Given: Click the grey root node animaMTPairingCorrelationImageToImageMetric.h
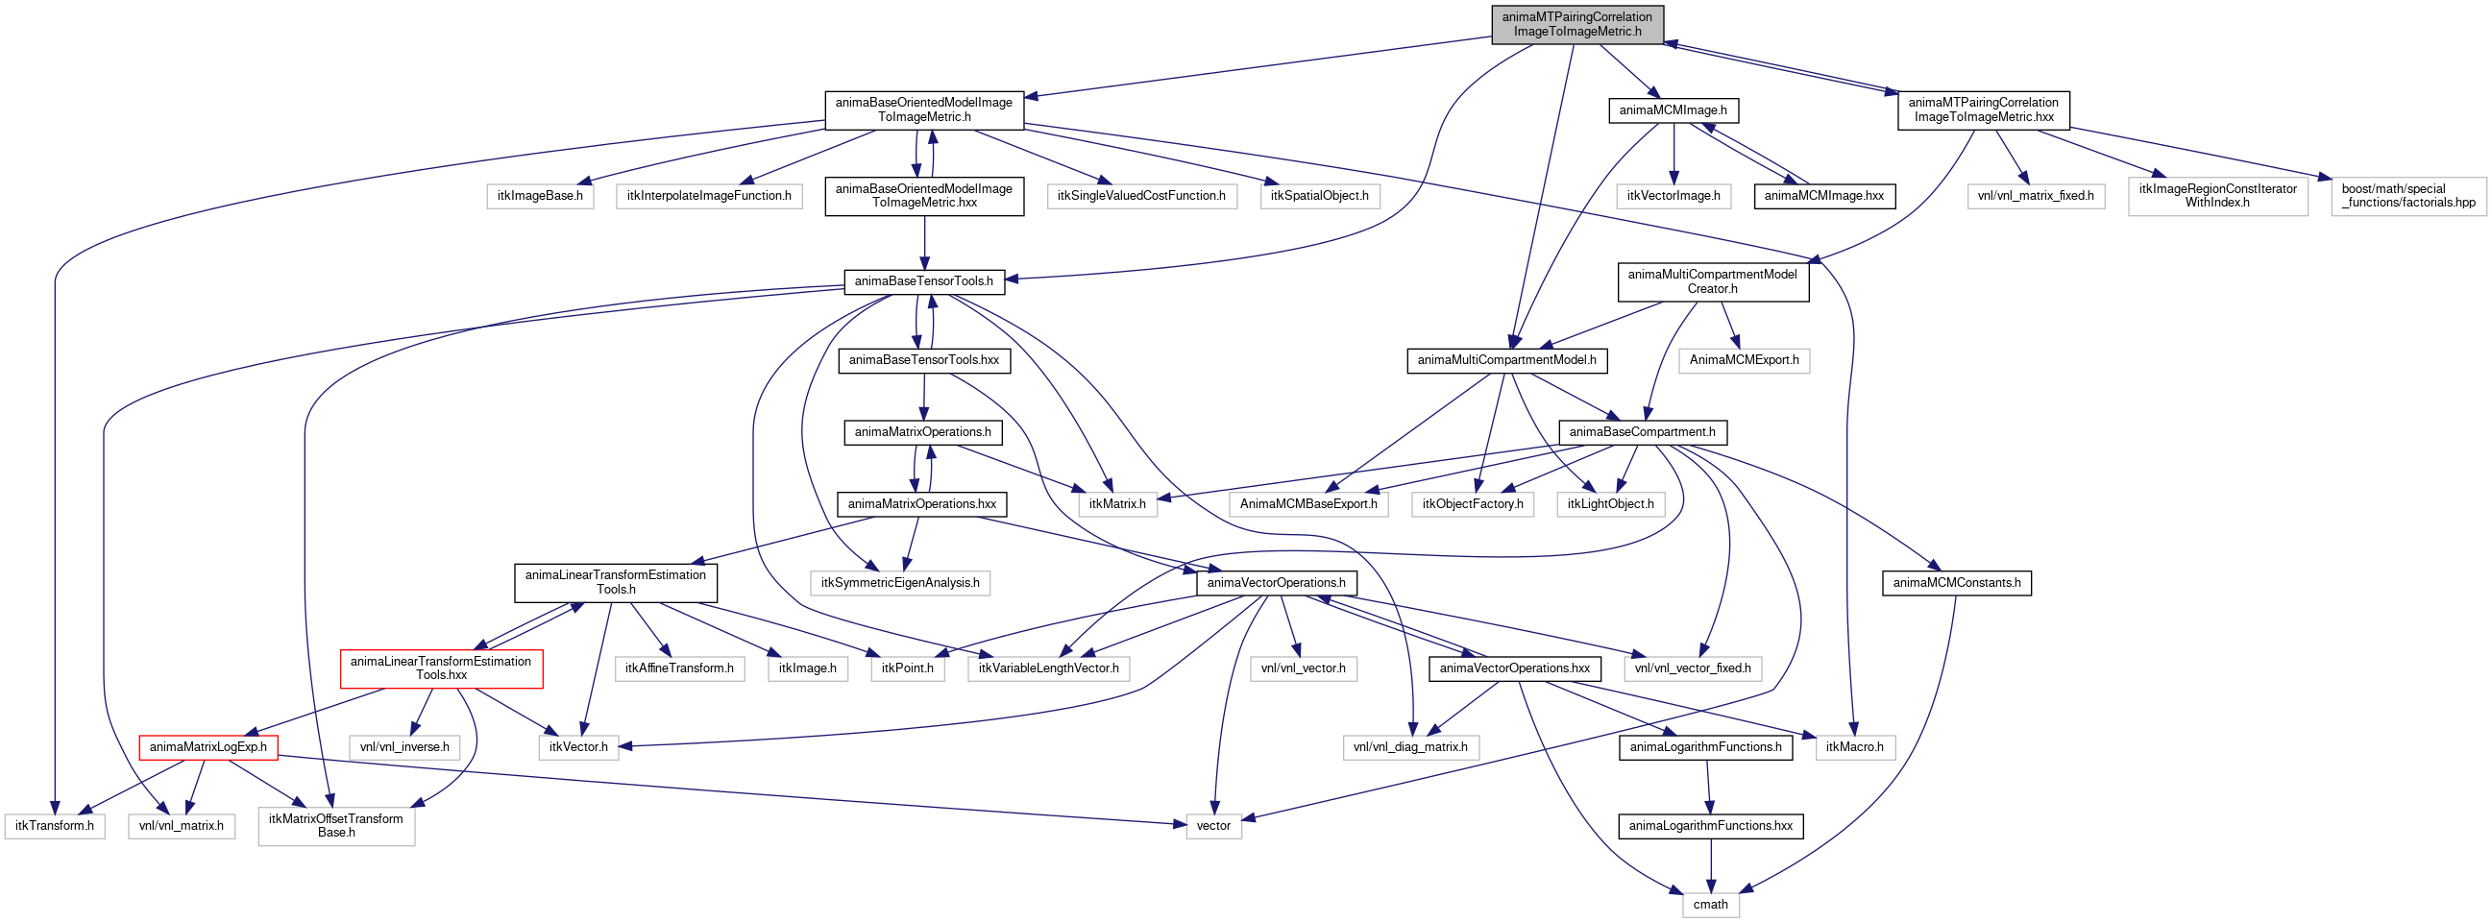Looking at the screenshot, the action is click(x=1576, y=24).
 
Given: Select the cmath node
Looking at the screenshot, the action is click(x=1710, y=905).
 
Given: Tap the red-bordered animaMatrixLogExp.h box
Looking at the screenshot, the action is click(x=208, y=747).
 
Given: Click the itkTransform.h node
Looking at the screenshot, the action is click(x=54, y=825).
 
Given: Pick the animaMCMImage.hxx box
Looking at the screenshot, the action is click(x=1823, y=195).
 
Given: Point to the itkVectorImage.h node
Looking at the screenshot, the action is click(x=1674, y=195).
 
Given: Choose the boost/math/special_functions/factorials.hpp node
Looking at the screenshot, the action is click(x=2407, y=195).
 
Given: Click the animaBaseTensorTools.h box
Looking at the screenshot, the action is click(x=924, y=281).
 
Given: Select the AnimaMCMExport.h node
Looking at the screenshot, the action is click(x=1745, y=360).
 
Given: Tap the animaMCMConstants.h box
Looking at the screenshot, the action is click(x=1956, y=582).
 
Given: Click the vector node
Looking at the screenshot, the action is click(x=1213, y=825).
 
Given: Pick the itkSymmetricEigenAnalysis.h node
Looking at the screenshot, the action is click(x=899, y=582).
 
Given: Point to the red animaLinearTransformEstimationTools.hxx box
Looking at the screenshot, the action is click(x=441, y=668).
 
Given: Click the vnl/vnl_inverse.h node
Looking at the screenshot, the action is click(x=404, y=747).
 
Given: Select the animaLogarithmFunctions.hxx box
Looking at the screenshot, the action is click(x=1710, y=825).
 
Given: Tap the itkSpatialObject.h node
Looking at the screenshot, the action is click(x=1320, y=195).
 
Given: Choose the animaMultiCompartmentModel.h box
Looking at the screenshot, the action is click(x=1506, y=360).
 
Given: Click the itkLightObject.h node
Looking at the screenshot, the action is click(x=1611, y=504).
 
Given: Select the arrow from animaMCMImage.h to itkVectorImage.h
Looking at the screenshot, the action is click(x=1674, y=153).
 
